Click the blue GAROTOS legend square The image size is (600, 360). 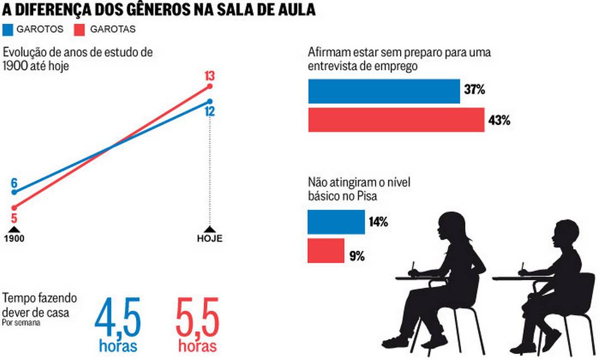tap(8, 29)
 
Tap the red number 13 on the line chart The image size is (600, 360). tap(209, 76)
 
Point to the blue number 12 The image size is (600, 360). tap(209, 112)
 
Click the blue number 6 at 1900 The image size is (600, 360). tap(14, 183)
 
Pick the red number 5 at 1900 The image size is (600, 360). tap(14, 218)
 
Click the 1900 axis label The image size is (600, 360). tap(14, 239)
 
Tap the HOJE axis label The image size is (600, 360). tap(209, 239)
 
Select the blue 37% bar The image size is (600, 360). tap(384, 91)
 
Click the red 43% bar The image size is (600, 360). tap(396, 120)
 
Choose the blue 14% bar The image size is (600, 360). tap(336, 222)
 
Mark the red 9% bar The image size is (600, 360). tap(326, 250)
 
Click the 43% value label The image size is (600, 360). tap(499, 120)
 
